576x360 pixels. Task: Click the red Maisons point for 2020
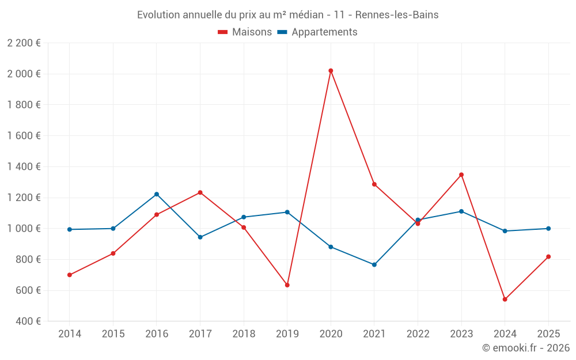click(331, 71)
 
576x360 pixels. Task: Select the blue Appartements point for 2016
click(157, 194)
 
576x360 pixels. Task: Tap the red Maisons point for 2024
click(505, 300)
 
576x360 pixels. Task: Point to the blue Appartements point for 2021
click(374, 265)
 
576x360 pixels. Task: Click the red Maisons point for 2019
click(287, 285)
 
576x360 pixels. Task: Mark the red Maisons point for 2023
click(461, 175)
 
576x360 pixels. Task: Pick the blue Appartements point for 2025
click(548, 229)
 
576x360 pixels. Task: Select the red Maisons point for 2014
click(70, 275)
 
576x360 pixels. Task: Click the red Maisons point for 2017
click(200, 192)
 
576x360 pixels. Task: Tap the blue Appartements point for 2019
click(287, 212)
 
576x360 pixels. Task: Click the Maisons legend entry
click(245, 32)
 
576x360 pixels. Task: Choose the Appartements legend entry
click(317, 32)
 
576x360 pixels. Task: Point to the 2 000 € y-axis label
click(24, 74)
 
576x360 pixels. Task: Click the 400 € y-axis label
click(28, 321)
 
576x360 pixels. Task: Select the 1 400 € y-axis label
click(24, 166)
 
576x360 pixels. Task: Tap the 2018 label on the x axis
click(244, 334)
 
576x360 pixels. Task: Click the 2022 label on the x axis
click(418, 334)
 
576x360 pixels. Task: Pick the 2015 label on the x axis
click(113, 334)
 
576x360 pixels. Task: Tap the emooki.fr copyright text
click(525, 348)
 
